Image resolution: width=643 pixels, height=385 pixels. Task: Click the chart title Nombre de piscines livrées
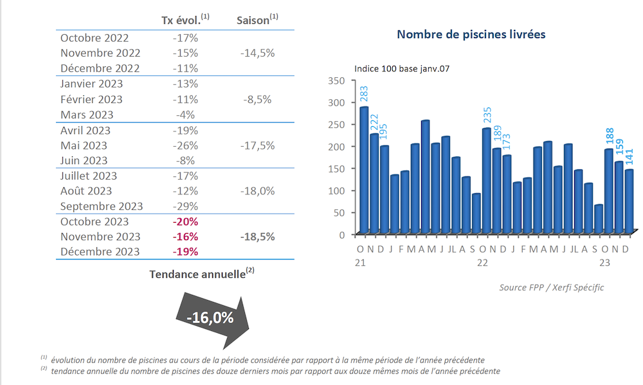click(x=471, y=34)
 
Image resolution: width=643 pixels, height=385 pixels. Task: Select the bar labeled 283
click(x=363, y=169)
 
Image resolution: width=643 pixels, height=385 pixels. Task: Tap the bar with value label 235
click(x=486, y=180)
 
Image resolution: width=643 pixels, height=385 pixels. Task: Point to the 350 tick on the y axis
click(x=337, y=80)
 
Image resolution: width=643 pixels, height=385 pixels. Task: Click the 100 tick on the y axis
click(x=337, y=191)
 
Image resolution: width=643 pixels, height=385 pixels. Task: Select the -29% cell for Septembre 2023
click(x=185, y=207)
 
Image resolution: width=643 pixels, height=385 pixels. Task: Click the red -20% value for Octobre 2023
click(x=185, y=221)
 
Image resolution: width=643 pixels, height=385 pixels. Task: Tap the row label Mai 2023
click(x=84, y=146)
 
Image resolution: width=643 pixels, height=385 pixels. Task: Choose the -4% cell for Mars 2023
click(x=185, y=115)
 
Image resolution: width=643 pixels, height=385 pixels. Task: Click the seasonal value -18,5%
click(x=257, y=237)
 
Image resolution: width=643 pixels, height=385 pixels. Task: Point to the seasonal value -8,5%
click(x=257, y=99)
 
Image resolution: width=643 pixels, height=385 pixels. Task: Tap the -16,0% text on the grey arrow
click(x=210, y=317)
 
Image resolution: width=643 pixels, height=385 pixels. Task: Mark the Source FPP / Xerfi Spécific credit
click(x=551, y=287)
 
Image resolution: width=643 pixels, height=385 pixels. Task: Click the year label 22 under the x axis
click(x=482, y=263)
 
